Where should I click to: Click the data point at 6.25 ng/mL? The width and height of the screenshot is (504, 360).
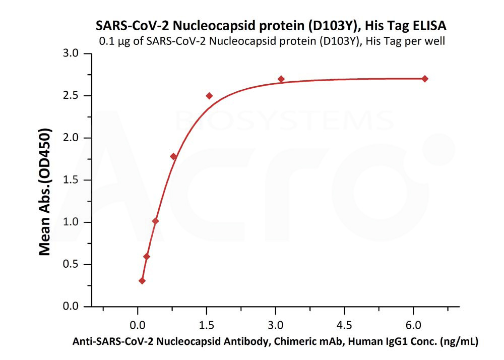[425, 79]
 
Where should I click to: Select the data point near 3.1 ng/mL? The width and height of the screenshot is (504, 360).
[281, 79]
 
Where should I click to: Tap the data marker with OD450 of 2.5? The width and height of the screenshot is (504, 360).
[209, 96]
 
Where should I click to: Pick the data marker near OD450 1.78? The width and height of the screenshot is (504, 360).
[173, 156]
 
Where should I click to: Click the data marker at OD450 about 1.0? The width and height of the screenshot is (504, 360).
[155, 221]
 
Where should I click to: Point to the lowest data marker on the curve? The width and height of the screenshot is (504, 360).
[142, 281]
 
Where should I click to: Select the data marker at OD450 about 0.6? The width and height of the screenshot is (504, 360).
[147, 256]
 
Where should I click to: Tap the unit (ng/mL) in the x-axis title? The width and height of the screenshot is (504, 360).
[459, 341]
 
